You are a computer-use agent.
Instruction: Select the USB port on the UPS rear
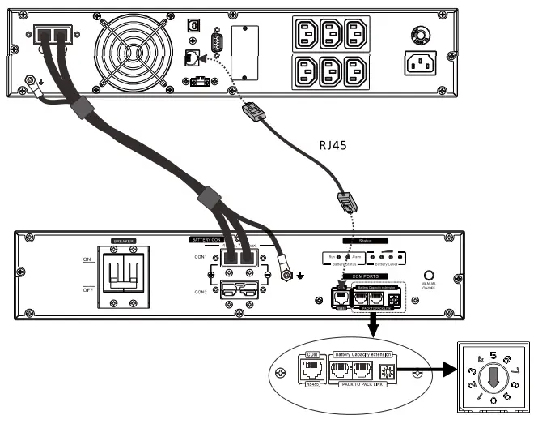[x=193, y=25]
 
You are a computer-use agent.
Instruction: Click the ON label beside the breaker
[x=88, y=259]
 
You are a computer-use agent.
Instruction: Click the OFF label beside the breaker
[x=88, y=289]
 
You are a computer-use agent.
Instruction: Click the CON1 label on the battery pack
[x=200, y=258]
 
